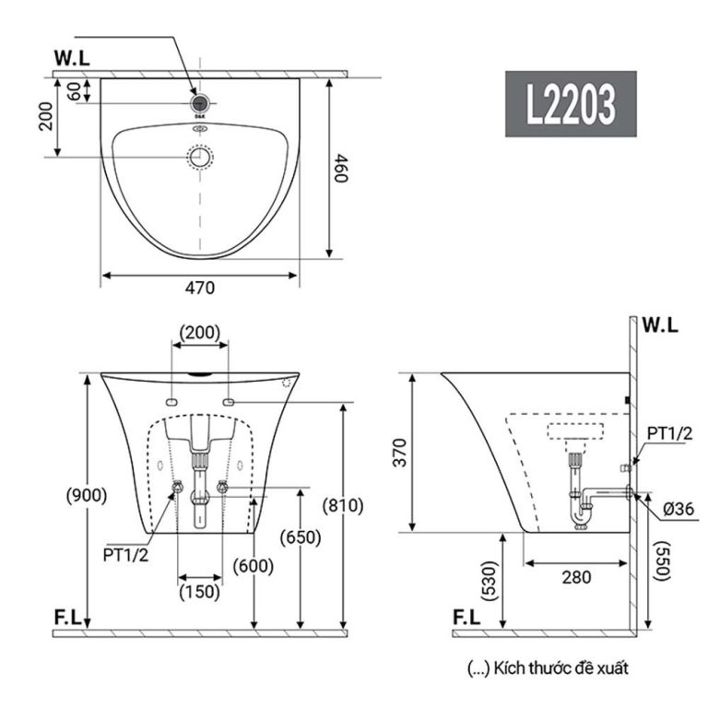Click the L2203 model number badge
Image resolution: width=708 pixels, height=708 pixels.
tap(570, 104)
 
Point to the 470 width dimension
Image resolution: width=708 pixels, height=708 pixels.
tap(199, 288)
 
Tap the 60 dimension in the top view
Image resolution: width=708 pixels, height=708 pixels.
tap(75, 89)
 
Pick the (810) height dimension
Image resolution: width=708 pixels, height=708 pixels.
tap(343, 505)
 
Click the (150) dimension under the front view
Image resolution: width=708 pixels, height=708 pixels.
tap(199, 591)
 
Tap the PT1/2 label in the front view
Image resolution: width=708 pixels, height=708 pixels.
tap(124, 556)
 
